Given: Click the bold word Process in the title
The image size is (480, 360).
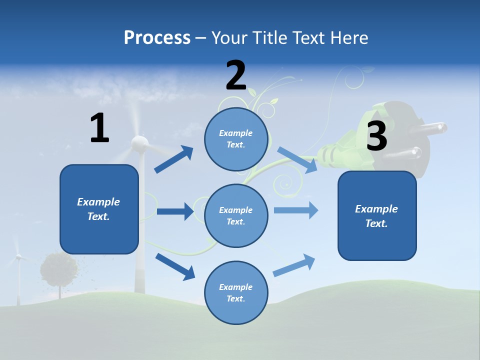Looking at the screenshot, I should (157, 37).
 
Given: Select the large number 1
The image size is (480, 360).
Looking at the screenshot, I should (99, 128).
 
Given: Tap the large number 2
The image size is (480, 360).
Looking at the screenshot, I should (236, 75).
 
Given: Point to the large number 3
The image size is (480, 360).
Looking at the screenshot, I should (376, 136).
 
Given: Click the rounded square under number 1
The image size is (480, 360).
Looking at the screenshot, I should (99, 209).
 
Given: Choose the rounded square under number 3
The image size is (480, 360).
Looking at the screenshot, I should (377, 215).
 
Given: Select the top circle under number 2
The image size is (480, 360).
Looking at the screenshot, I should (236, 139).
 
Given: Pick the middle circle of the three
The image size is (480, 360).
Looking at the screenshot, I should (236, 215).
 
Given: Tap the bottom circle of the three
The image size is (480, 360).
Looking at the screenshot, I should (236, 292).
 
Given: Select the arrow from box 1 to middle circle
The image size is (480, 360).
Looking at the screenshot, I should (175, 211).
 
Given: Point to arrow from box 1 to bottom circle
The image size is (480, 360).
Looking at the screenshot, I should (175, 266).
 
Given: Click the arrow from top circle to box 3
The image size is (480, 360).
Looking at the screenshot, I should (297, 160).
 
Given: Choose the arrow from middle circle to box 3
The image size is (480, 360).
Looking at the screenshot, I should (296, 210).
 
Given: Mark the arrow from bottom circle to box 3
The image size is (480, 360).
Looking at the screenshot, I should (294, 265).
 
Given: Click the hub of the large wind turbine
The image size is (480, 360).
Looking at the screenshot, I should (139, 144).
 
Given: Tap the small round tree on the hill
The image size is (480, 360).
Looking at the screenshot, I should (59, 270).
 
